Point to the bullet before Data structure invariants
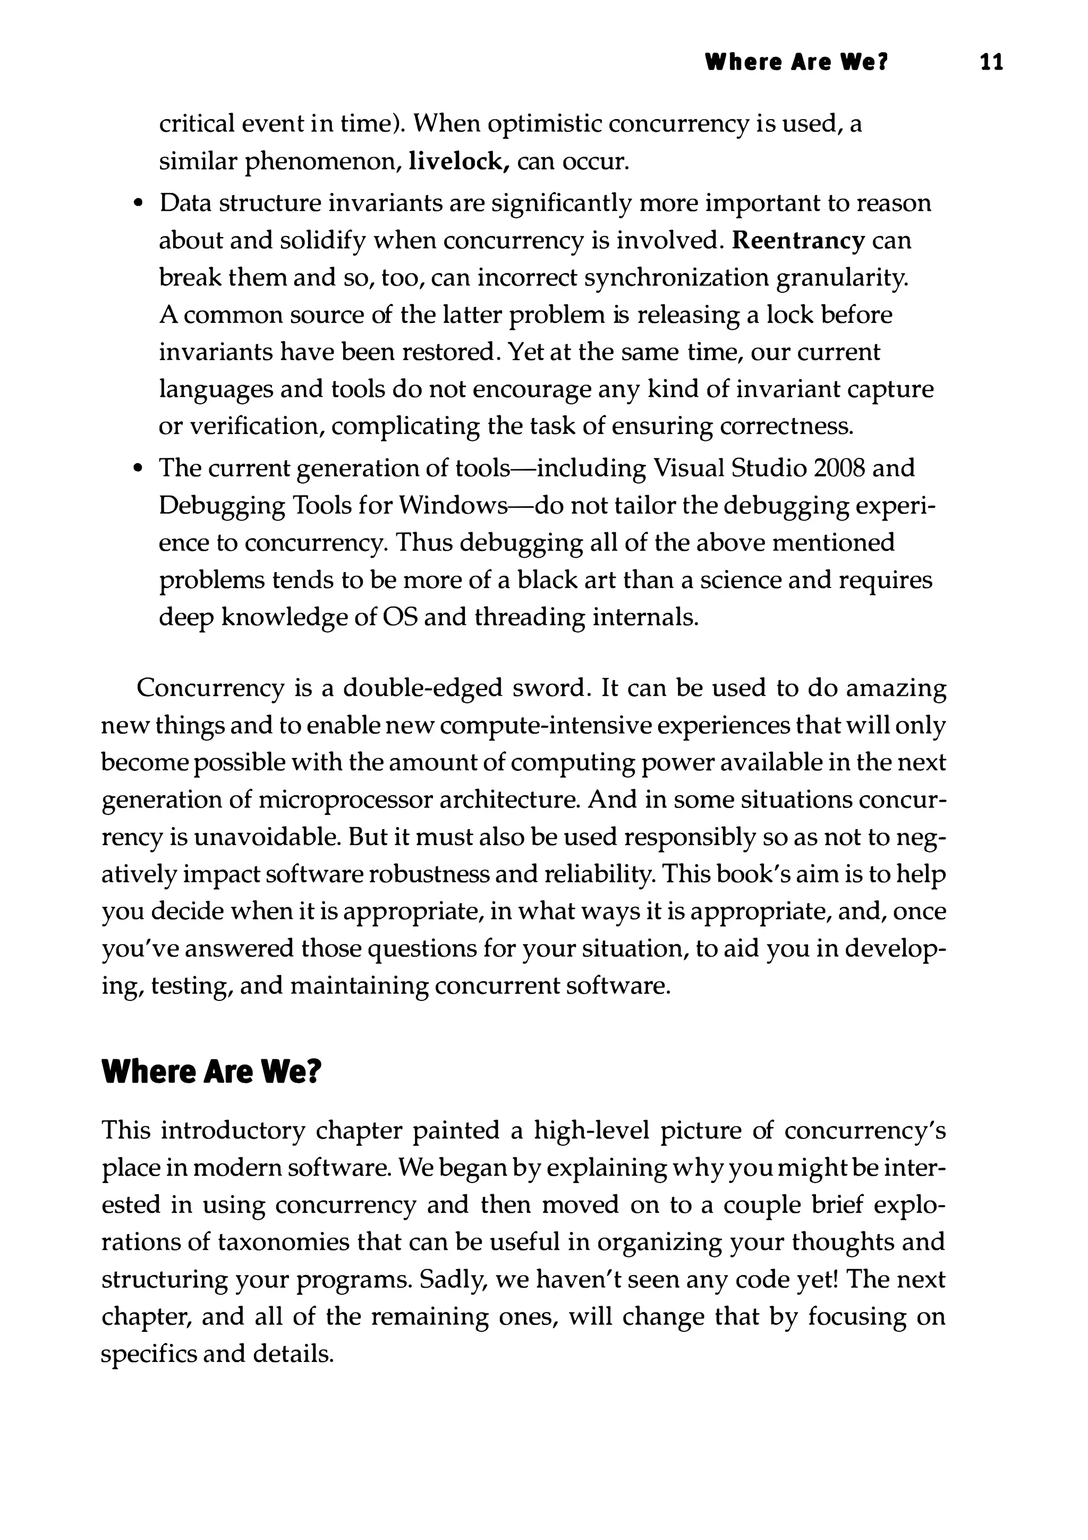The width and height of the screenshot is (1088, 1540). click(138, 203)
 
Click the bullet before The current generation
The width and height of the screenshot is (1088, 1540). click(138, 468)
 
